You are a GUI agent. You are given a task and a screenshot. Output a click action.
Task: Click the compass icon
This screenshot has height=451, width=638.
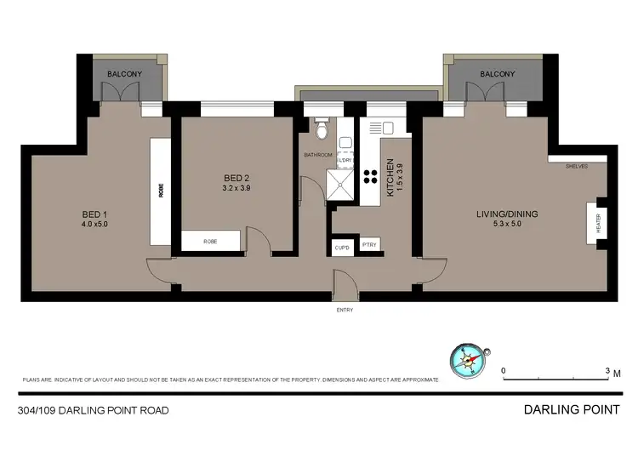(467, 360)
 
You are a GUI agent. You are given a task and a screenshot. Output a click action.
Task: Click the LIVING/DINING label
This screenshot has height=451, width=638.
(508, 214)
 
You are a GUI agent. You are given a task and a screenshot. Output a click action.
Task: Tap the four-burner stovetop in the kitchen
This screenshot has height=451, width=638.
(371, 176)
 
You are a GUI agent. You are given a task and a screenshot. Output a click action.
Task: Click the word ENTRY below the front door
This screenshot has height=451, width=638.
(344, 310)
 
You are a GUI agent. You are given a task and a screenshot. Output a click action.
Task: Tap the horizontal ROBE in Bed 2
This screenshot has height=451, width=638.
(210, 242)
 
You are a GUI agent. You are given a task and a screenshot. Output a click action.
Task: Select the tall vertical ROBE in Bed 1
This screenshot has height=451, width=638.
(160, 191)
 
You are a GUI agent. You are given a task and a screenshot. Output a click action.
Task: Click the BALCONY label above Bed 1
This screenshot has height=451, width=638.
(124, 74)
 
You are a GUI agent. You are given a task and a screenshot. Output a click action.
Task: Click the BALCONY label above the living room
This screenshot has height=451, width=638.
(497, 74)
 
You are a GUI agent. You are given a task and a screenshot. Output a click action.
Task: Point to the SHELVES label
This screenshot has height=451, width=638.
(576, 167)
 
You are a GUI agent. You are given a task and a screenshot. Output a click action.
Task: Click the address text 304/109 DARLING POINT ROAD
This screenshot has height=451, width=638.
(93, 410)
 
